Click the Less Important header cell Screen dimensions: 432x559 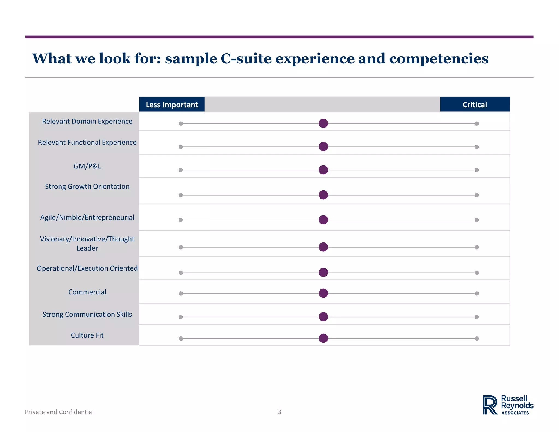[x=172, y=105]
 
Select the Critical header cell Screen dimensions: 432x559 [x=475, y=105]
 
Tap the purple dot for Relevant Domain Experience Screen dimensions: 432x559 [x=323, y=123]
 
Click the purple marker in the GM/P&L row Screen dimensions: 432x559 [x=323, y=170]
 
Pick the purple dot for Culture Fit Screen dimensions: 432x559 [x=323, y=338]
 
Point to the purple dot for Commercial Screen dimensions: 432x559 [x=323, y=293]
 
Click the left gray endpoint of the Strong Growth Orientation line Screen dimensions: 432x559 [x=181, y=195]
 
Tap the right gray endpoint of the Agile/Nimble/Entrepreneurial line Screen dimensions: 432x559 [x=477, y=220]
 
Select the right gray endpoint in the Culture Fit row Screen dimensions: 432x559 [x=477, y=339]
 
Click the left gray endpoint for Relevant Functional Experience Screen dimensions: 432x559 [x=181, y=147]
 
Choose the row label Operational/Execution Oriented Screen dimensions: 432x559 [x=87, y=268]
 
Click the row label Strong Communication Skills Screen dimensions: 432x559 [x=87, y=315]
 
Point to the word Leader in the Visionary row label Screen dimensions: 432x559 [x=87, y=248]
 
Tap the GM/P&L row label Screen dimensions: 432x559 [x=87, y=166]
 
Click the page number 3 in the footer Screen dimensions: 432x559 [x=279, y=412]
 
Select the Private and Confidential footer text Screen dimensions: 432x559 [x=59, y=412]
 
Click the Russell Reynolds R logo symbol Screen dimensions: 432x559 [x=490, y=405]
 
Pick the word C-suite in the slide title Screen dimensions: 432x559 [x=246, y=59]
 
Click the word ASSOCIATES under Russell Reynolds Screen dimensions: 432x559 [x=515, y=413]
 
